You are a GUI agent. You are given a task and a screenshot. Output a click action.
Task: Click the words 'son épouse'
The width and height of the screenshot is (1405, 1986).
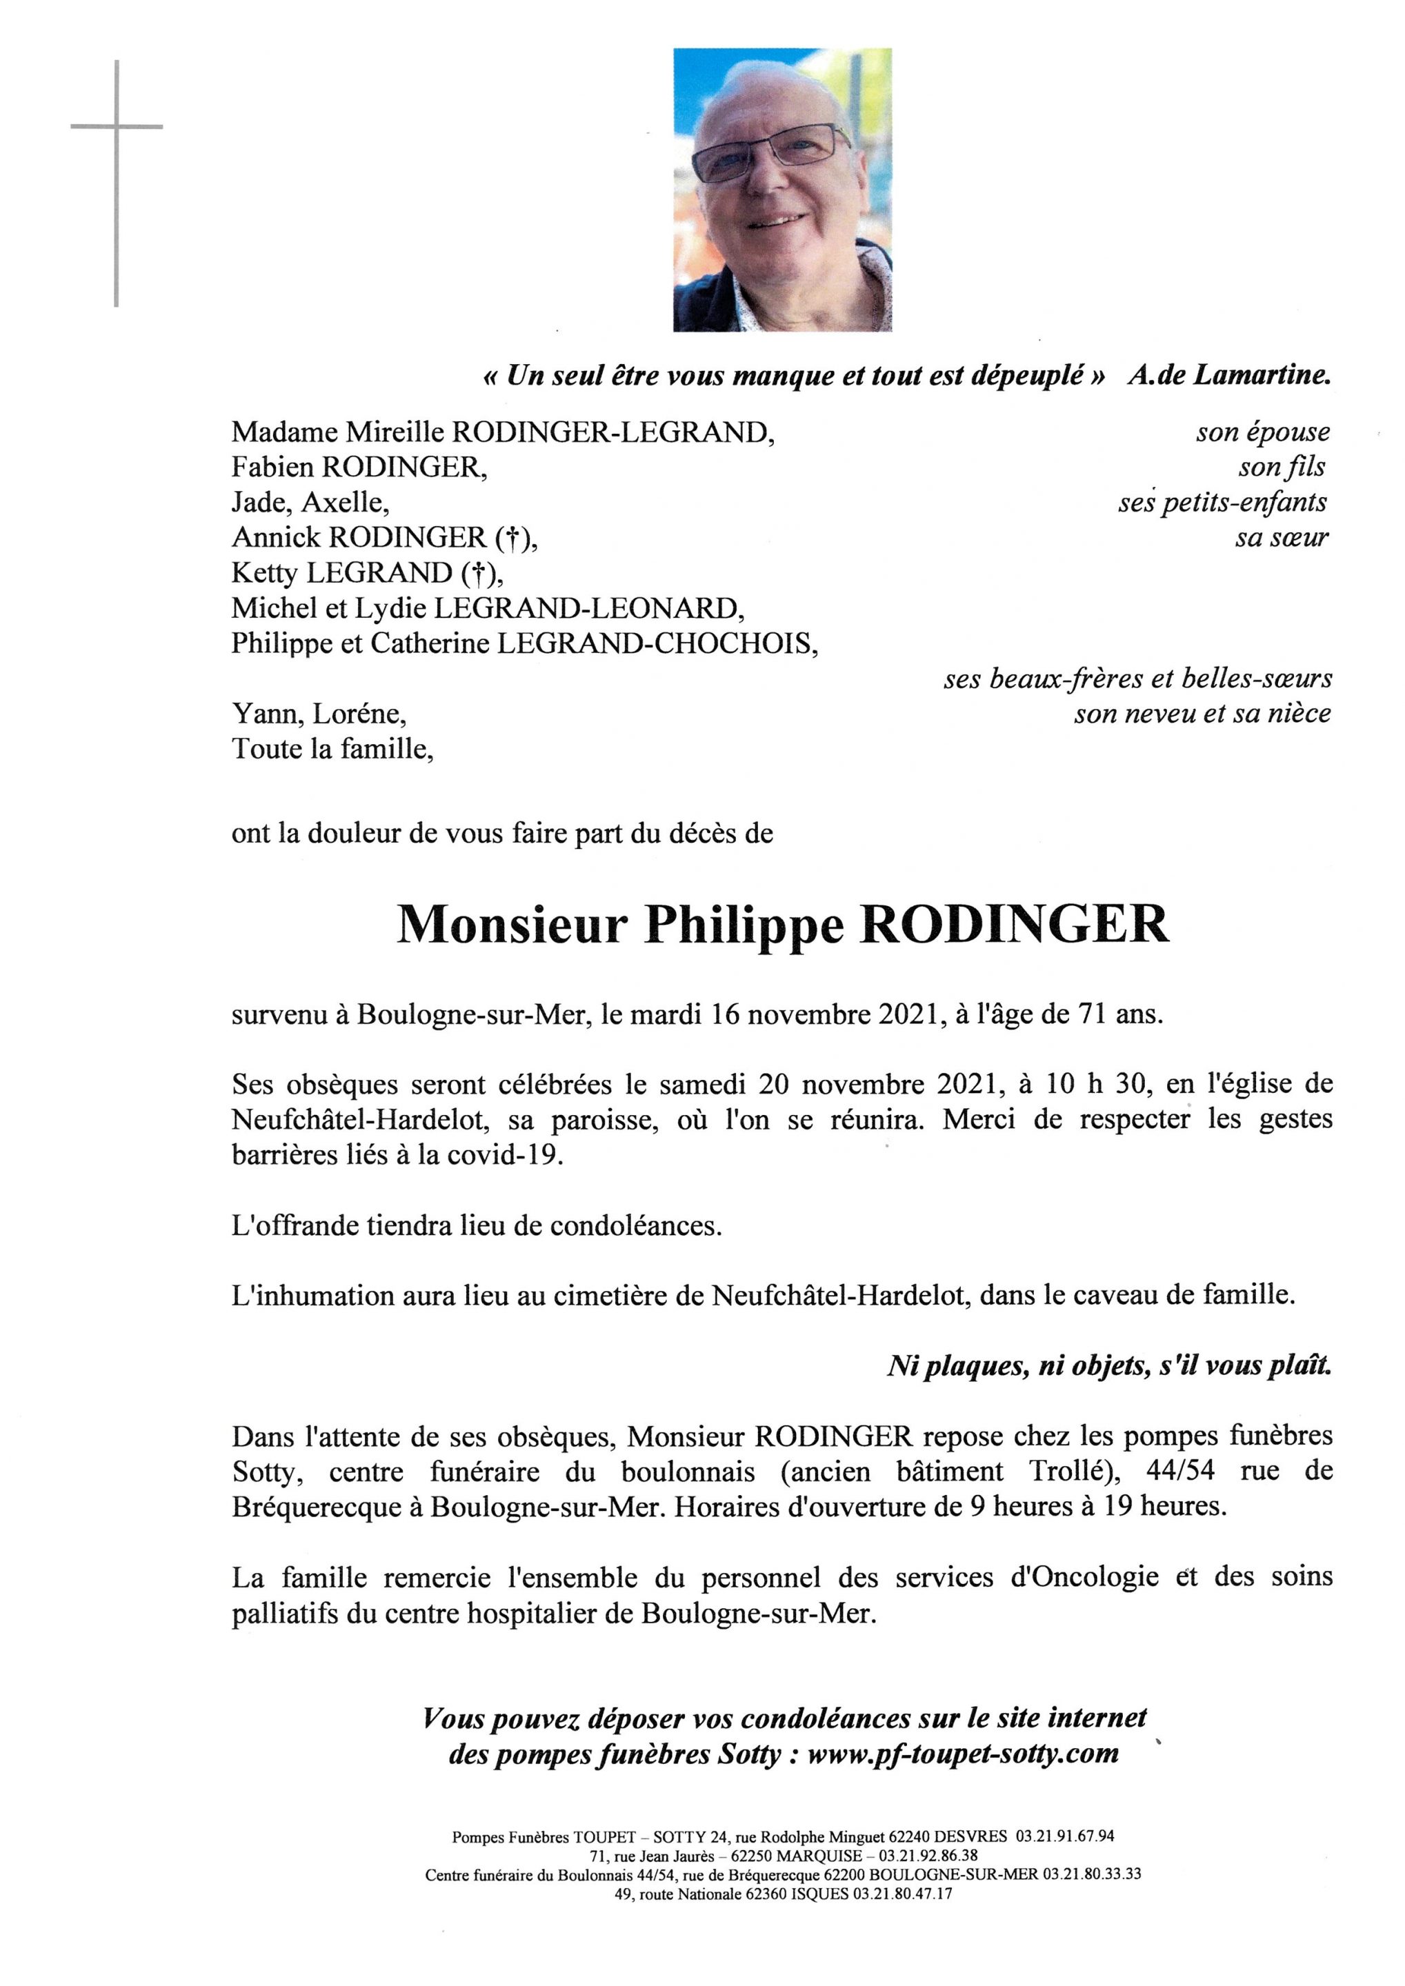(1262, 432)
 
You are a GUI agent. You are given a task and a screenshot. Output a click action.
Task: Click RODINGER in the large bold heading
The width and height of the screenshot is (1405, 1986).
(1013, 926)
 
